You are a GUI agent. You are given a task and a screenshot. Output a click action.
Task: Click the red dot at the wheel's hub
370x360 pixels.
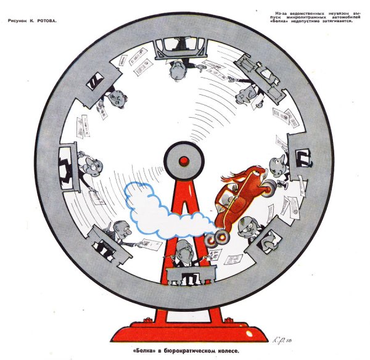tap(184, 161)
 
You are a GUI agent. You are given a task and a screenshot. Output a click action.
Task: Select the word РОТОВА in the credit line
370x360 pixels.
tap(47, 21)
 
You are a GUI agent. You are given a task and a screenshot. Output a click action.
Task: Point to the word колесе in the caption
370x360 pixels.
tap(228, 351)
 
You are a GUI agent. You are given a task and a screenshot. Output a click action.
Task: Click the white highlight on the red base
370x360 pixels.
tap(249, 334)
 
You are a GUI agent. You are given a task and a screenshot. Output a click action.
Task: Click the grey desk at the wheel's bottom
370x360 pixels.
tap(191, 274)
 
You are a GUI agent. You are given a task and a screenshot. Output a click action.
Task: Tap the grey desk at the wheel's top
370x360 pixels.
tap(181, 48)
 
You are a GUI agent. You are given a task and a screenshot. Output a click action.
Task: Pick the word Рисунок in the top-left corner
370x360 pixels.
tap(18, 21)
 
